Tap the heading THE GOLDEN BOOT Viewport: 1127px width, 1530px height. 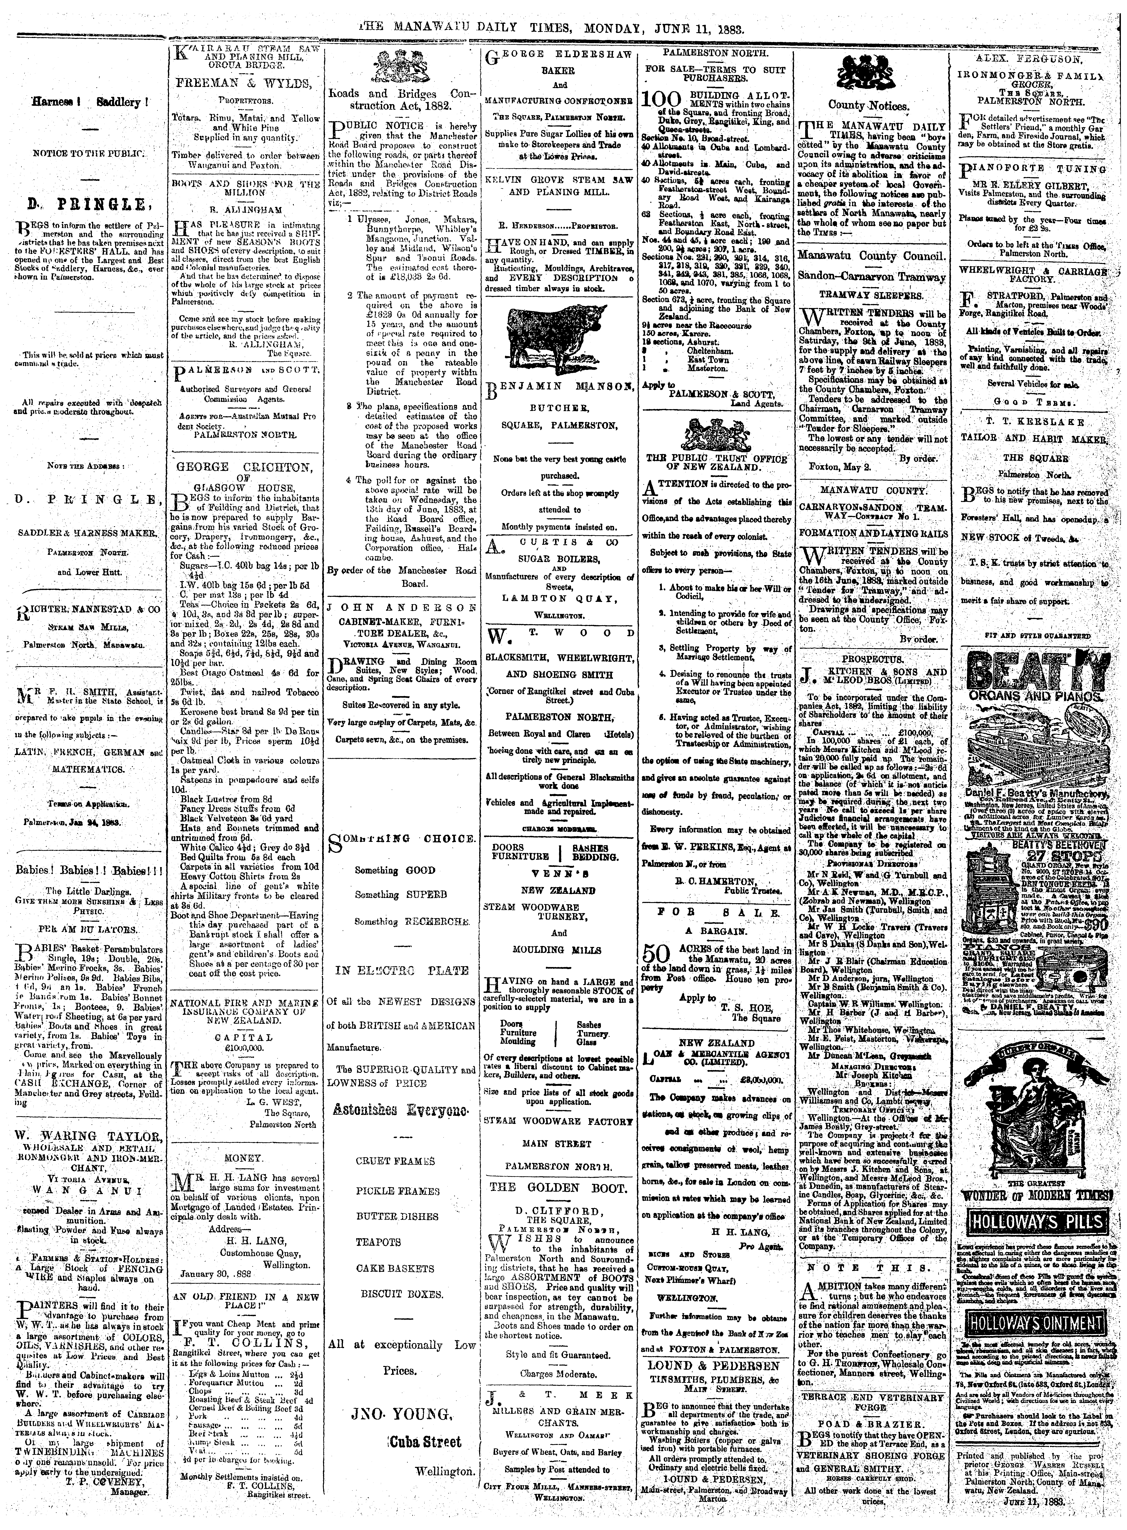coord(558,1187)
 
